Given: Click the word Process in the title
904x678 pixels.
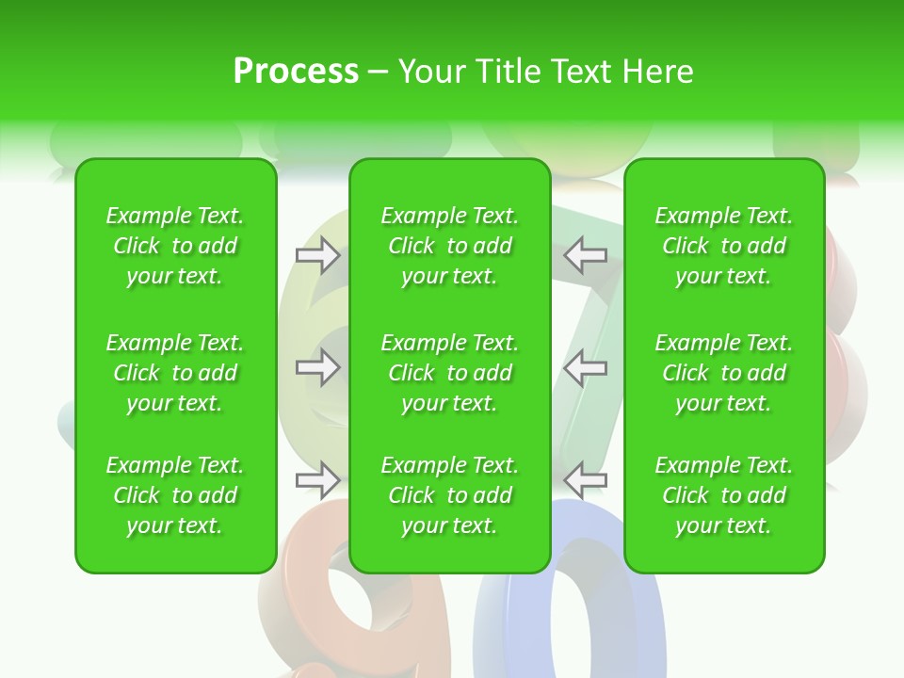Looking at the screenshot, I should (296, 72).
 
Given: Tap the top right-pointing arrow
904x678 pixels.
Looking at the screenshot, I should (317, 254).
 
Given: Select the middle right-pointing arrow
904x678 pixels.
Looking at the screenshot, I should (317, 367).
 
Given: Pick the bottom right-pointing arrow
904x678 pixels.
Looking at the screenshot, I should (317, 480).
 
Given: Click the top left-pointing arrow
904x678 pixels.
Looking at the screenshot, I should (586, 254).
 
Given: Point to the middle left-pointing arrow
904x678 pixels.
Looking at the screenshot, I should (586, 367).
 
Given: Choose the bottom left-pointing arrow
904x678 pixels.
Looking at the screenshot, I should (586, 480).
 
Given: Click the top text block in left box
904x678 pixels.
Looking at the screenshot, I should (175, 246).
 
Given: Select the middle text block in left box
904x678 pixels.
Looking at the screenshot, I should (175, 373).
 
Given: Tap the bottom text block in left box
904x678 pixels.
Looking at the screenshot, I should (175, 495).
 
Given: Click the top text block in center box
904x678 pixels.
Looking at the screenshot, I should (450, 246).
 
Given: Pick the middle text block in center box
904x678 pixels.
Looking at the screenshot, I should (450, 373).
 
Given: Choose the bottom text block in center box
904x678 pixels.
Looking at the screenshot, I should (450, 495).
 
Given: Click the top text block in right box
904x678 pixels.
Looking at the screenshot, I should (724, 246).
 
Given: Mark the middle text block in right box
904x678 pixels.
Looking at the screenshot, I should (724, 373).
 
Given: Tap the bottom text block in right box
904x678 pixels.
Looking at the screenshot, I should (724, 495).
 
